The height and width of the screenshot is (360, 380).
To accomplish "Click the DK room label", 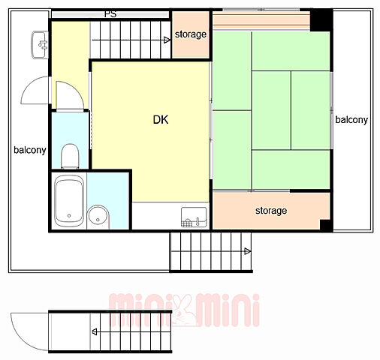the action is click(x=161, y=120).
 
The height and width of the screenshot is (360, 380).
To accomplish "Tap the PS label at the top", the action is click(x=110, y=14).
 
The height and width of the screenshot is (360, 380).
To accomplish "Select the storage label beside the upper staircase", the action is click(x=191, y=34).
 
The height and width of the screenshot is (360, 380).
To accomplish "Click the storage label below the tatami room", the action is click(x=271, y=211).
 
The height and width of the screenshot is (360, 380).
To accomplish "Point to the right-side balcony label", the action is click(x=351, y=120).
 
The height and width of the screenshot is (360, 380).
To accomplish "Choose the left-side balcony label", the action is click(x=30, y=150).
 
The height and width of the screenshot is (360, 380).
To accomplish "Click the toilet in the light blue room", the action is click(x=70, y=156).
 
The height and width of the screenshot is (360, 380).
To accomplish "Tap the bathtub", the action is click(x=69, y=201).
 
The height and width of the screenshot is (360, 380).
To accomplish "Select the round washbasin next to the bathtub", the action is click(x=98, y=216).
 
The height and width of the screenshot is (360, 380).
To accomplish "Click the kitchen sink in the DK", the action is click(x=194, y=217).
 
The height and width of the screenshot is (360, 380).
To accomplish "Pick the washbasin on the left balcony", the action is click(x=40, y=45).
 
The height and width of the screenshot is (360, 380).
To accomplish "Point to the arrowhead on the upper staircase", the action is click(x=167, y=40).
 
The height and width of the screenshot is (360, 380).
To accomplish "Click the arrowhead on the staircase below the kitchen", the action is click(x=248, y=251).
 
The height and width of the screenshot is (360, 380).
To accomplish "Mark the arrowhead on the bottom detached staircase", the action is click(x=95, y=332).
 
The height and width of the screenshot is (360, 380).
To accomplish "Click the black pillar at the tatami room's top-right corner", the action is click(x=321, y=20).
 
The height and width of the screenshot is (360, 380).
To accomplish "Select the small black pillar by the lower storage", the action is click(x=327, y=225).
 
